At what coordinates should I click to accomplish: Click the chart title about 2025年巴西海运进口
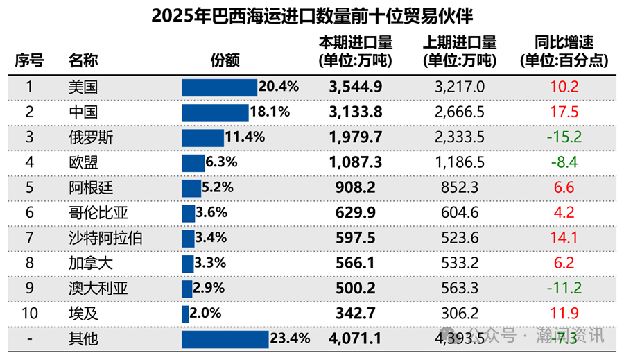coord(312,15)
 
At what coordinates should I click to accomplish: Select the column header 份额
coord(225,60)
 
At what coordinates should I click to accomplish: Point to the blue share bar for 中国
coord(215,112)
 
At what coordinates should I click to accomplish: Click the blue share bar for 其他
coord(225,339)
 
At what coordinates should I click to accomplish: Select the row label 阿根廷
coord(90,188)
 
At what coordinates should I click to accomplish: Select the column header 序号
coord(29,60)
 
